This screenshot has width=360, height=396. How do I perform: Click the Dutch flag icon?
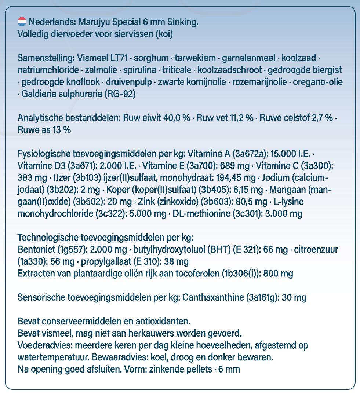[22, 22]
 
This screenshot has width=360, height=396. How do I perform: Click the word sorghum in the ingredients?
[150, 58]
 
